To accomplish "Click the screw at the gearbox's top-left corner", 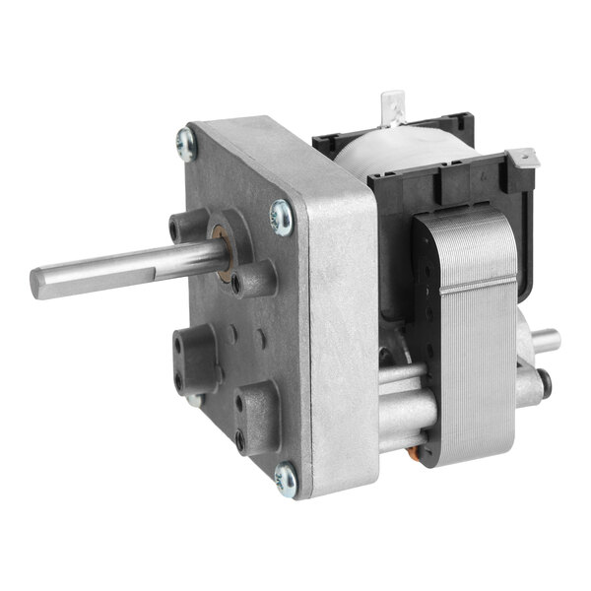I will point(184,143).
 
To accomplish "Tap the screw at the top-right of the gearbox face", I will point(280,218).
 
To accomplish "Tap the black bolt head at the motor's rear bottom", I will point(544,381).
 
